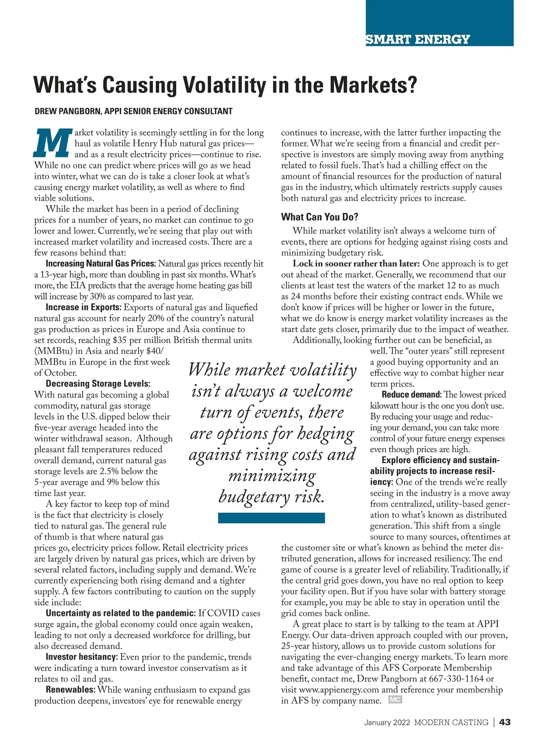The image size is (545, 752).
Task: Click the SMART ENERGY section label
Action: point(417,39)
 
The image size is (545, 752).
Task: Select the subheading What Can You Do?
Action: point(319,217)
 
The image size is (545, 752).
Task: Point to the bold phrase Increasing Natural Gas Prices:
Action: point(101,264)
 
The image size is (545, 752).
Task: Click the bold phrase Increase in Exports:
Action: point(84,307)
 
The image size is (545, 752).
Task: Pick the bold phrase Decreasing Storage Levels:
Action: point(98,384)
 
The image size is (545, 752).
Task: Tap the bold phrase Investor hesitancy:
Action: point(82,657)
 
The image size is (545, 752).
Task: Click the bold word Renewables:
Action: point(70,690)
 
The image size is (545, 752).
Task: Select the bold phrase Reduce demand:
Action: point(411,395)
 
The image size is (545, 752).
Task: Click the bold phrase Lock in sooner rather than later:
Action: point(356,264)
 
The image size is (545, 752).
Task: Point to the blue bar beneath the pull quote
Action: point(271,518)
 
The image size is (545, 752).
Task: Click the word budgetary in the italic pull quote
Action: point(254,496)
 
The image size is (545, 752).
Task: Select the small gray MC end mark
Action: point(395,700)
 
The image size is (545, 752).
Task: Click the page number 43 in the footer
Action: point(505,723)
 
